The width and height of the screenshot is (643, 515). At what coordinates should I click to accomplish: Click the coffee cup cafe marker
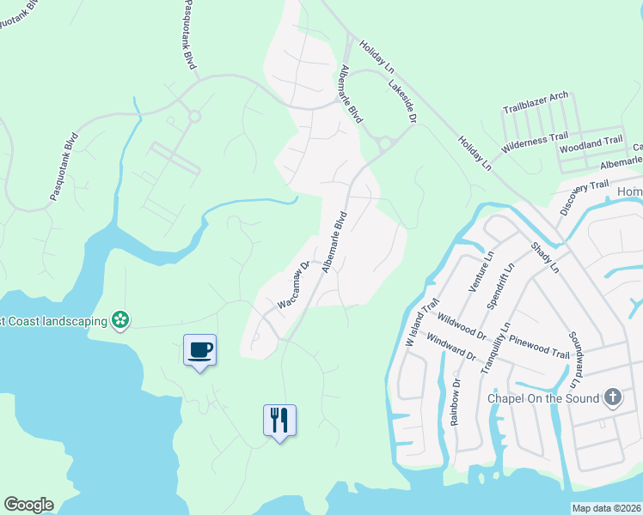point(199,349)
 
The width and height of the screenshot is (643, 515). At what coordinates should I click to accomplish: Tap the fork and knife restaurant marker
point(279,420)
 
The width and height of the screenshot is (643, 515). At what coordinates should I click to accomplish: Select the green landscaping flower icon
point(121,321)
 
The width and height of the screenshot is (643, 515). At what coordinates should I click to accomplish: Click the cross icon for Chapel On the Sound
point(612,397)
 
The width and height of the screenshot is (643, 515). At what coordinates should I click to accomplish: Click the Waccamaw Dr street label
point(293,286)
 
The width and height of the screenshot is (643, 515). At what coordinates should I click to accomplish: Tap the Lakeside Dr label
point(401,101)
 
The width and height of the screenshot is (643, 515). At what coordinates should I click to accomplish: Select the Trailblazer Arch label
point(535,102)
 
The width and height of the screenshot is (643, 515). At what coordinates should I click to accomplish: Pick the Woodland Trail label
point(591,143)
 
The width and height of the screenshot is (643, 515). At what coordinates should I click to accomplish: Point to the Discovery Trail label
point(585,198)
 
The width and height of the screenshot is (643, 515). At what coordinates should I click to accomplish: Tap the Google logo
point(28,505)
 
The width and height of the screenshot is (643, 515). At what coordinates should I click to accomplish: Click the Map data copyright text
point(606,508)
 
